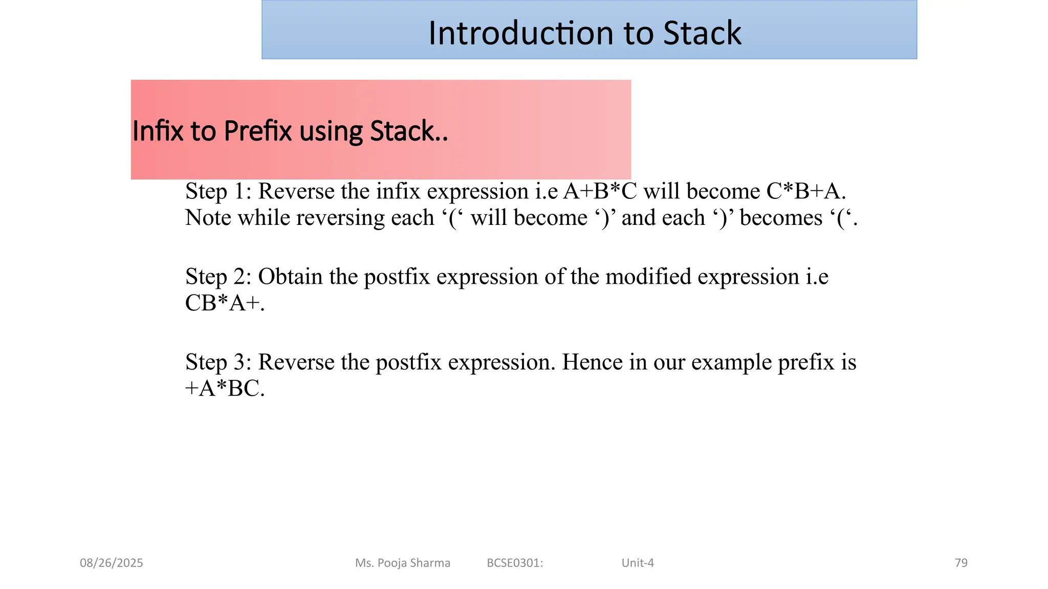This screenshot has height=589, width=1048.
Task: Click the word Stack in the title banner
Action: [702, 33]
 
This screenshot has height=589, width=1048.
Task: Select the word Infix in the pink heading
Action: [158, 131]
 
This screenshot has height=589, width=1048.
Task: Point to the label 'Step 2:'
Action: [219, 277]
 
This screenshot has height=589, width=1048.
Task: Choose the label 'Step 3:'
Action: [219, 363]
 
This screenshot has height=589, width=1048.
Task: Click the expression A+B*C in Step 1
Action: [600, 192]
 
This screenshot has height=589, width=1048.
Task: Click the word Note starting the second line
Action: [208, 218]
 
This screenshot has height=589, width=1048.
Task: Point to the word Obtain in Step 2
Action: [290, 277]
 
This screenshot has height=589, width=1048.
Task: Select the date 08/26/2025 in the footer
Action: [112, 563]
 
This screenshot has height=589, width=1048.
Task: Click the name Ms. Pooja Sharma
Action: [403, 563]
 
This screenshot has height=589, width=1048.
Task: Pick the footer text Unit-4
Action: [638, 563]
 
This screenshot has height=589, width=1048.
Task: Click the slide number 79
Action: [961, 563]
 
